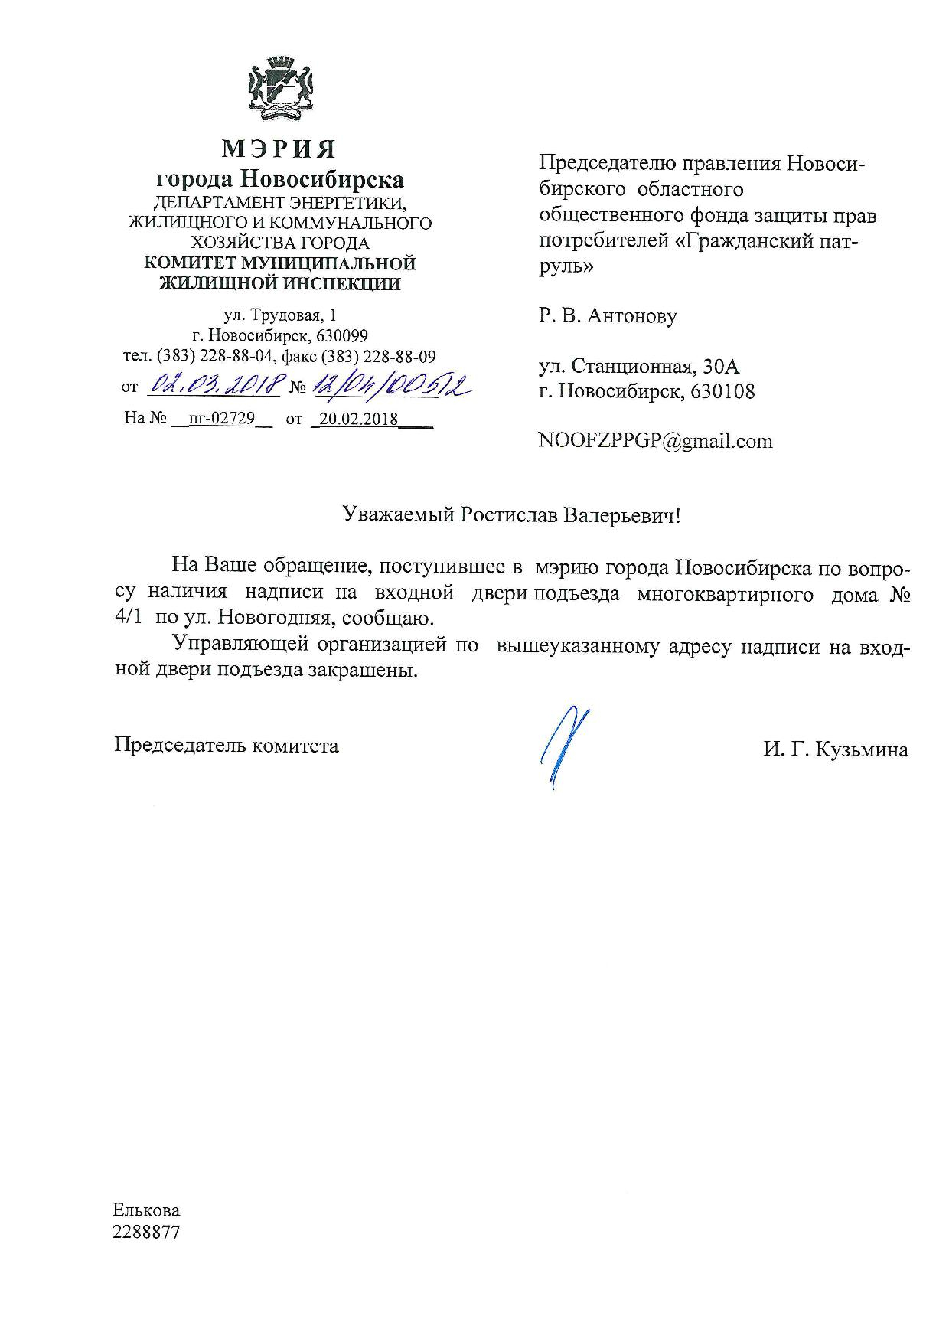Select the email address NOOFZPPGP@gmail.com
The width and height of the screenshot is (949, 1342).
[x=655, y=441]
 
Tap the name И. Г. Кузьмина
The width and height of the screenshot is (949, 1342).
[x=835, y=749]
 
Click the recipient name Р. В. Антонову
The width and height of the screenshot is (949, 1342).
[x=608, y=315]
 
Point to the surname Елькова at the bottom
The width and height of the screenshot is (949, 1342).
[x=147, y=1210]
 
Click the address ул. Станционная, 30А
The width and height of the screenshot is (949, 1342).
[x=639, y=367]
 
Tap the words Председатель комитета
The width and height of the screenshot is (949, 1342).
[x=227, y=745]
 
